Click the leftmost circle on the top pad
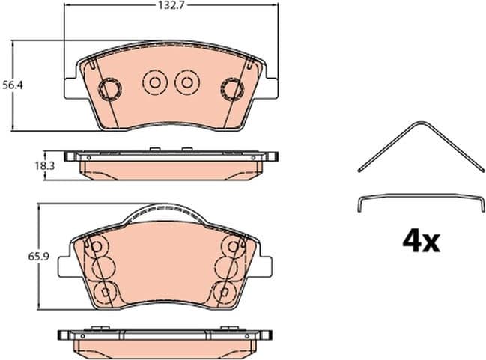(111, 88)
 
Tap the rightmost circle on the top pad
(231, 88)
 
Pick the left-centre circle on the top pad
(155, 83)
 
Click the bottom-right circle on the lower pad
(224, 290)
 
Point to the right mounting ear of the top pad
(270, 86)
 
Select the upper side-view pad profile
(171, 165)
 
